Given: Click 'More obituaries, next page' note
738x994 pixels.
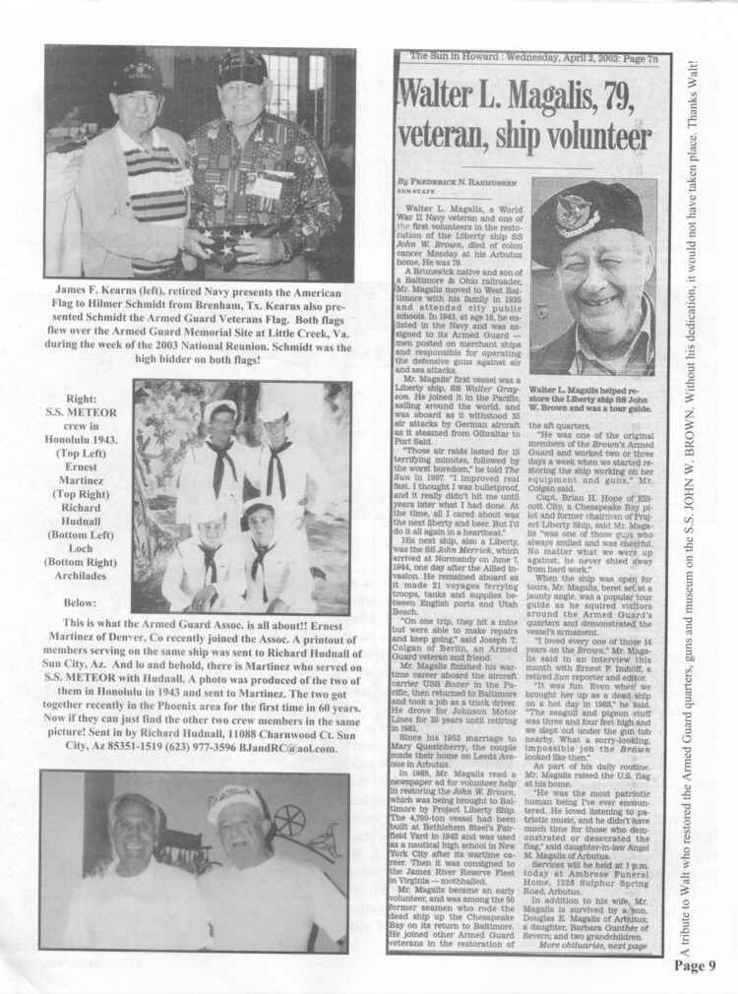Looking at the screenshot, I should (x=592, y=946).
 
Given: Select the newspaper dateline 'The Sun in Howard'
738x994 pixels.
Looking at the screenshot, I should (x=453, y=57).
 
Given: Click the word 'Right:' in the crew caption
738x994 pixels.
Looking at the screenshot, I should (x=82, y=401).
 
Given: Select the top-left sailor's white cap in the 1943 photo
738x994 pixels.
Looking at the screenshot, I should (x=221, y=409).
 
